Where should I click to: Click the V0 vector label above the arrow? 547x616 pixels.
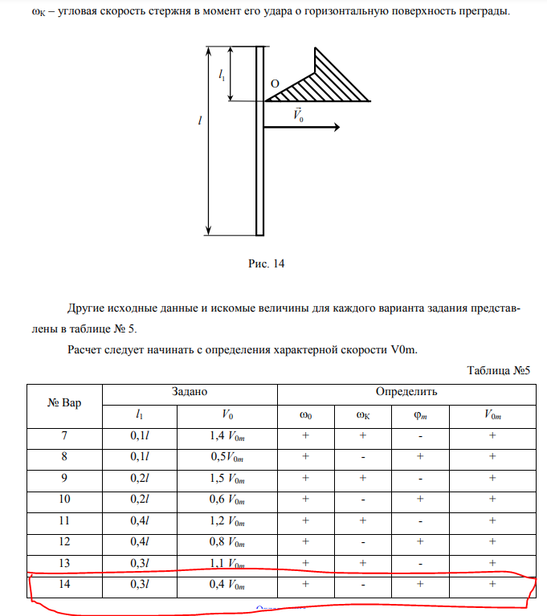297,115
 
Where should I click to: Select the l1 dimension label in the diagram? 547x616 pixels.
222,75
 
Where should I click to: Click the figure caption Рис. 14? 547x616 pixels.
268,263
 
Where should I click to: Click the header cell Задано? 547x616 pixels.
190,392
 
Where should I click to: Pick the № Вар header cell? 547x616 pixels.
65,402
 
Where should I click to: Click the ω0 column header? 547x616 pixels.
305,415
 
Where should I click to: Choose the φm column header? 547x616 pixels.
420,415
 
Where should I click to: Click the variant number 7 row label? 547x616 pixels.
65,435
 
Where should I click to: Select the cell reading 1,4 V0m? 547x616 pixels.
226,435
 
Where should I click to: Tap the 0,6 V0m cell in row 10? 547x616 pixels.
226,498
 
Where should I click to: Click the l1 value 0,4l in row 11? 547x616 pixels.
140,520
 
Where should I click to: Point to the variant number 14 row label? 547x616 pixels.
65,583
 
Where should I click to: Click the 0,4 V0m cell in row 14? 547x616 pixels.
226,583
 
